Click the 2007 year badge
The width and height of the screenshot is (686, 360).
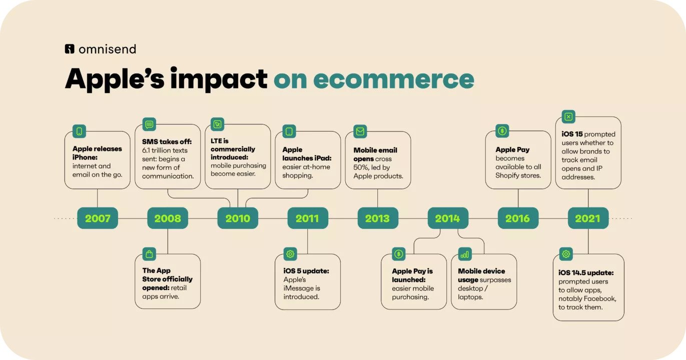98,218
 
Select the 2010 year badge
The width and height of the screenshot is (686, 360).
238,218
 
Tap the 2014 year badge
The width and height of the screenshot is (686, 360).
448,218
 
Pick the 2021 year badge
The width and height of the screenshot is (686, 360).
588,218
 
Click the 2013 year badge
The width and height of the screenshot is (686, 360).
378,218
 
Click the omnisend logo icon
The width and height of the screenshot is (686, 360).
70,49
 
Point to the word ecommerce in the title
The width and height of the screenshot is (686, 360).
393,79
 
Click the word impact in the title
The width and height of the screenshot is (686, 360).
219,78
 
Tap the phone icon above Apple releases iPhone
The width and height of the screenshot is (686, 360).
80,131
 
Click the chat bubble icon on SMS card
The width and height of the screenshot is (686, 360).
149,124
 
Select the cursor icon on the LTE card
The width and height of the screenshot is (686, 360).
218,124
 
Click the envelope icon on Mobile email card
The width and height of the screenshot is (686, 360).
360,131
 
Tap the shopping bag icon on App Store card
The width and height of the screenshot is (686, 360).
149,254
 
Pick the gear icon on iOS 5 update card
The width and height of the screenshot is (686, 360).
290,254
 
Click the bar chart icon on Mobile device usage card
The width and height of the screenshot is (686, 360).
464,254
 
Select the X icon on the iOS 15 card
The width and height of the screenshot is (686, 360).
568,116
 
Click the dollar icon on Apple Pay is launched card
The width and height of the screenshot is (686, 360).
398,254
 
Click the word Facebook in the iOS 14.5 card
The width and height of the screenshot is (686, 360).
601,298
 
